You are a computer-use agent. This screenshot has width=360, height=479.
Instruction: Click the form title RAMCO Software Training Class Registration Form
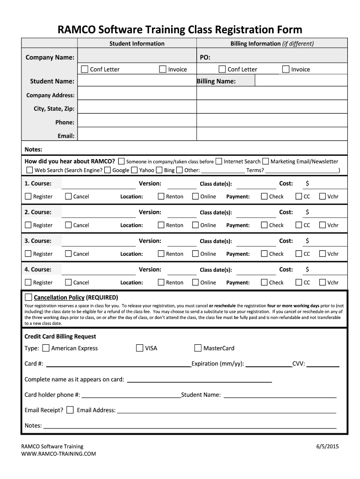[x=180, y=29]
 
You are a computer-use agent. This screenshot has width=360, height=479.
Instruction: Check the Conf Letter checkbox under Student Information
[x=85, y=69]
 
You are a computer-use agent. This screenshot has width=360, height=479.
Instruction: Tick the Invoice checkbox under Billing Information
[x=286, y=69]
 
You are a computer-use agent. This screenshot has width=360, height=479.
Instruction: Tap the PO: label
[x=205, y=57]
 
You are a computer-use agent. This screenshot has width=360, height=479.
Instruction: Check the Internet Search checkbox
[x=219, y=161]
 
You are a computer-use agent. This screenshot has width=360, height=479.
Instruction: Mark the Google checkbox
[x=108, y=170]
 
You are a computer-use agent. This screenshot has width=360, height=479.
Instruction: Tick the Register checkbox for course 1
[x=28, y=196]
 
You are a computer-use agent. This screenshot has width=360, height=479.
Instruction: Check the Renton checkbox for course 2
[x=161, y=225]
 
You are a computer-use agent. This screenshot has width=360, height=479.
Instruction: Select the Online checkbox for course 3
[x=195, y=254]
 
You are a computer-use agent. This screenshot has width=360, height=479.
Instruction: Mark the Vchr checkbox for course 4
[x=322, y=282]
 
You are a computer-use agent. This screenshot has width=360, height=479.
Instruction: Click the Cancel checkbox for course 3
[x=68, y=254]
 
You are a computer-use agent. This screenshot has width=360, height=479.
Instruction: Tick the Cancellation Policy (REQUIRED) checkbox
[x=29, y=297]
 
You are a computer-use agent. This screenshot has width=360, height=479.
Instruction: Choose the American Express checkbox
[x=46, y=348]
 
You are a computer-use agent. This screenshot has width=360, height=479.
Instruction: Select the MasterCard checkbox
[x=198, y=348]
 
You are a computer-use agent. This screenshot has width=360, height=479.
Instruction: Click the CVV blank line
[x=323, y=364]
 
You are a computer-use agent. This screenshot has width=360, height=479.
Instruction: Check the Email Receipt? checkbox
[x=70, y=410]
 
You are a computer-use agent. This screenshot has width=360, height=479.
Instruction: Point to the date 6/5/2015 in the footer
[x=327, y=446]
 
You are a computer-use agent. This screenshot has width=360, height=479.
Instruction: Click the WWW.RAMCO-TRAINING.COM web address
[x=58, y=454]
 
